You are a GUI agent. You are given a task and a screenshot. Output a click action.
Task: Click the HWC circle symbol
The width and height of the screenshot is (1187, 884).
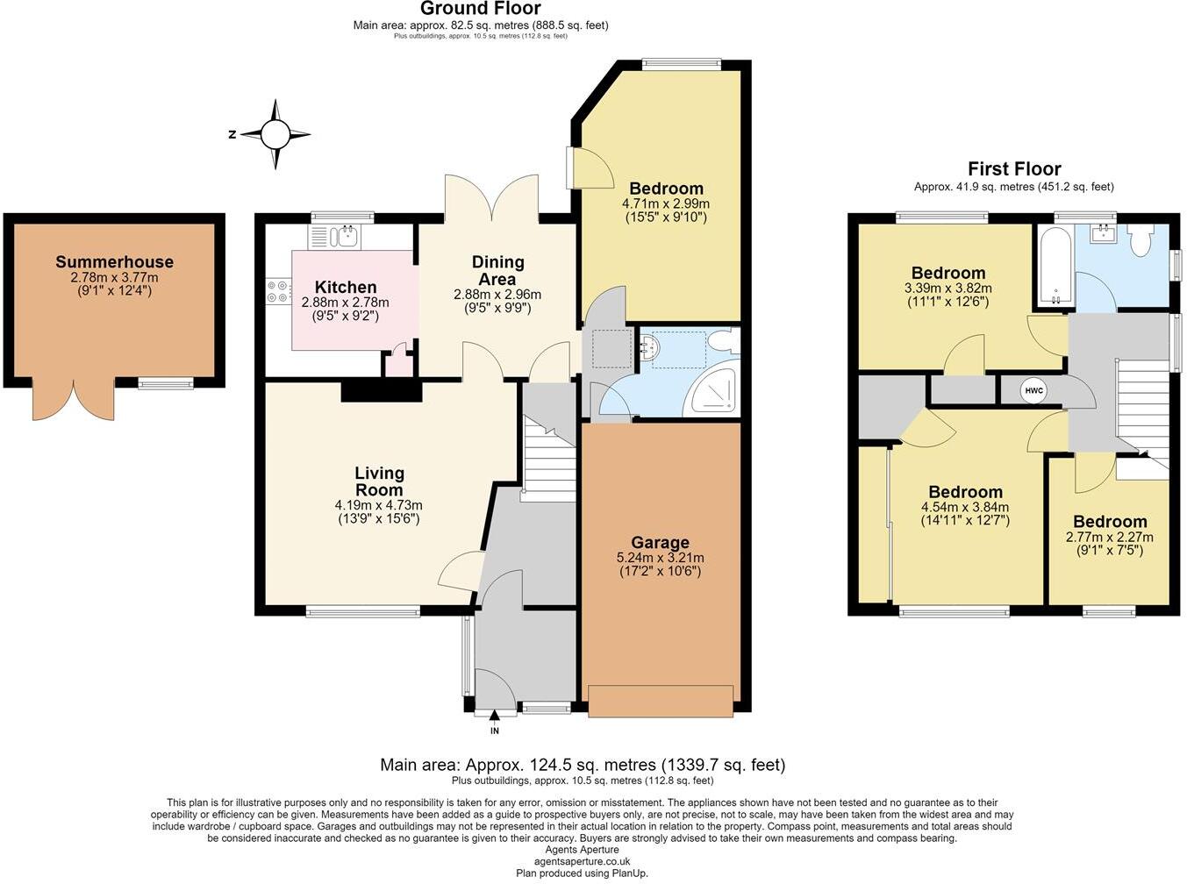click(x=1033, y=390)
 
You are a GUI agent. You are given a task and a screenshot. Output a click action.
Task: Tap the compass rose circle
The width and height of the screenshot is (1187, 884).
click(x=275, y=134)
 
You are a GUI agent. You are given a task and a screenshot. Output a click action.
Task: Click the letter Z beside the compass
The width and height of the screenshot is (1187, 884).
click(x=232, y=134)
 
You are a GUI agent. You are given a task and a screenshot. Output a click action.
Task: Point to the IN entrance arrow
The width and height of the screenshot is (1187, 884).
click(x=495, y=715)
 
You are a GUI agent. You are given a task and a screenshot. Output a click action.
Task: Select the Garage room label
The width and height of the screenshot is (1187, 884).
click(x=660, y=543)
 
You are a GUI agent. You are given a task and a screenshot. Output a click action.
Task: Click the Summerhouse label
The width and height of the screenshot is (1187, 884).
click(x=115, y=261)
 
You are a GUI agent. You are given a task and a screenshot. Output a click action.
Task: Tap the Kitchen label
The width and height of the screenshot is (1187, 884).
click(x=346, y=287)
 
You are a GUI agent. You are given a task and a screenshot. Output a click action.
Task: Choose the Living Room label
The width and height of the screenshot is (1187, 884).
click(x=379, y=481)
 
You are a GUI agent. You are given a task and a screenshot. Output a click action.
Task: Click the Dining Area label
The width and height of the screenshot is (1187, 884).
click(x=497, y=270)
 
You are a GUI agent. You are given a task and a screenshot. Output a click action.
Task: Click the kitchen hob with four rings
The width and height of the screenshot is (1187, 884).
click(x=278, y=292)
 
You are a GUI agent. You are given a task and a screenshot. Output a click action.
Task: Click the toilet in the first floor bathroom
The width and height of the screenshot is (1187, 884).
click(x=1141, y=239)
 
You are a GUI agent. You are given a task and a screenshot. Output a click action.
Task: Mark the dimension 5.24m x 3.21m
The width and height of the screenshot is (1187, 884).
click(x=660, y=558)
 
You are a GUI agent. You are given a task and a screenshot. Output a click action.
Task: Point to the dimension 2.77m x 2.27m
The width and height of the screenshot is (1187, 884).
click(x=1110, y=537)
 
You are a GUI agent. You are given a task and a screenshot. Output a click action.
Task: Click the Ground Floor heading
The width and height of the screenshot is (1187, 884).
click(x=481, y=9)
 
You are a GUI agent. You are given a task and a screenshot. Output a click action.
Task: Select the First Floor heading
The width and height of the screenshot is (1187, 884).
click(x=1014, y=169)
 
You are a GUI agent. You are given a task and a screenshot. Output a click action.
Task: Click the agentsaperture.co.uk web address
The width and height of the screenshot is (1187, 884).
click(x=582, y=861)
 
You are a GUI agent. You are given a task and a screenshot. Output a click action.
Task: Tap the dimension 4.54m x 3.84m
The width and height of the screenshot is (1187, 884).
click(x=965, y=507)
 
